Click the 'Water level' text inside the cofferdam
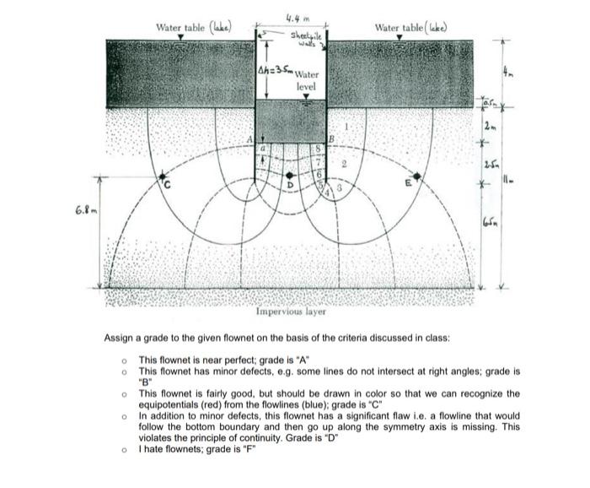[x=306, y=79]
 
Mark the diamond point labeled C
[x=164, y=176]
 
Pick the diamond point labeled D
[x=289, y=176]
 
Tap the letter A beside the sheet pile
[x=250, y=138]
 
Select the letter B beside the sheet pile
[x=334, y=138]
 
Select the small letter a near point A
[x=262, y=148]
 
